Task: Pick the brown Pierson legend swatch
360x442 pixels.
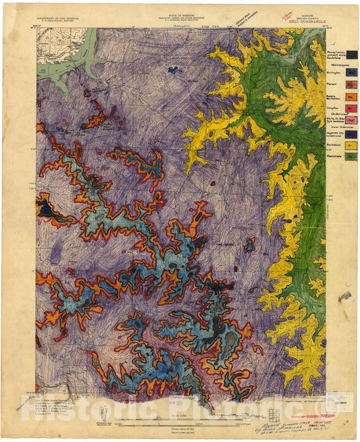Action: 352,84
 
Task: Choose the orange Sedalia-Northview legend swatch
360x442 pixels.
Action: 352,96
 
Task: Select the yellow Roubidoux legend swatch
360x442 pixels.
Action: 352,144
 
